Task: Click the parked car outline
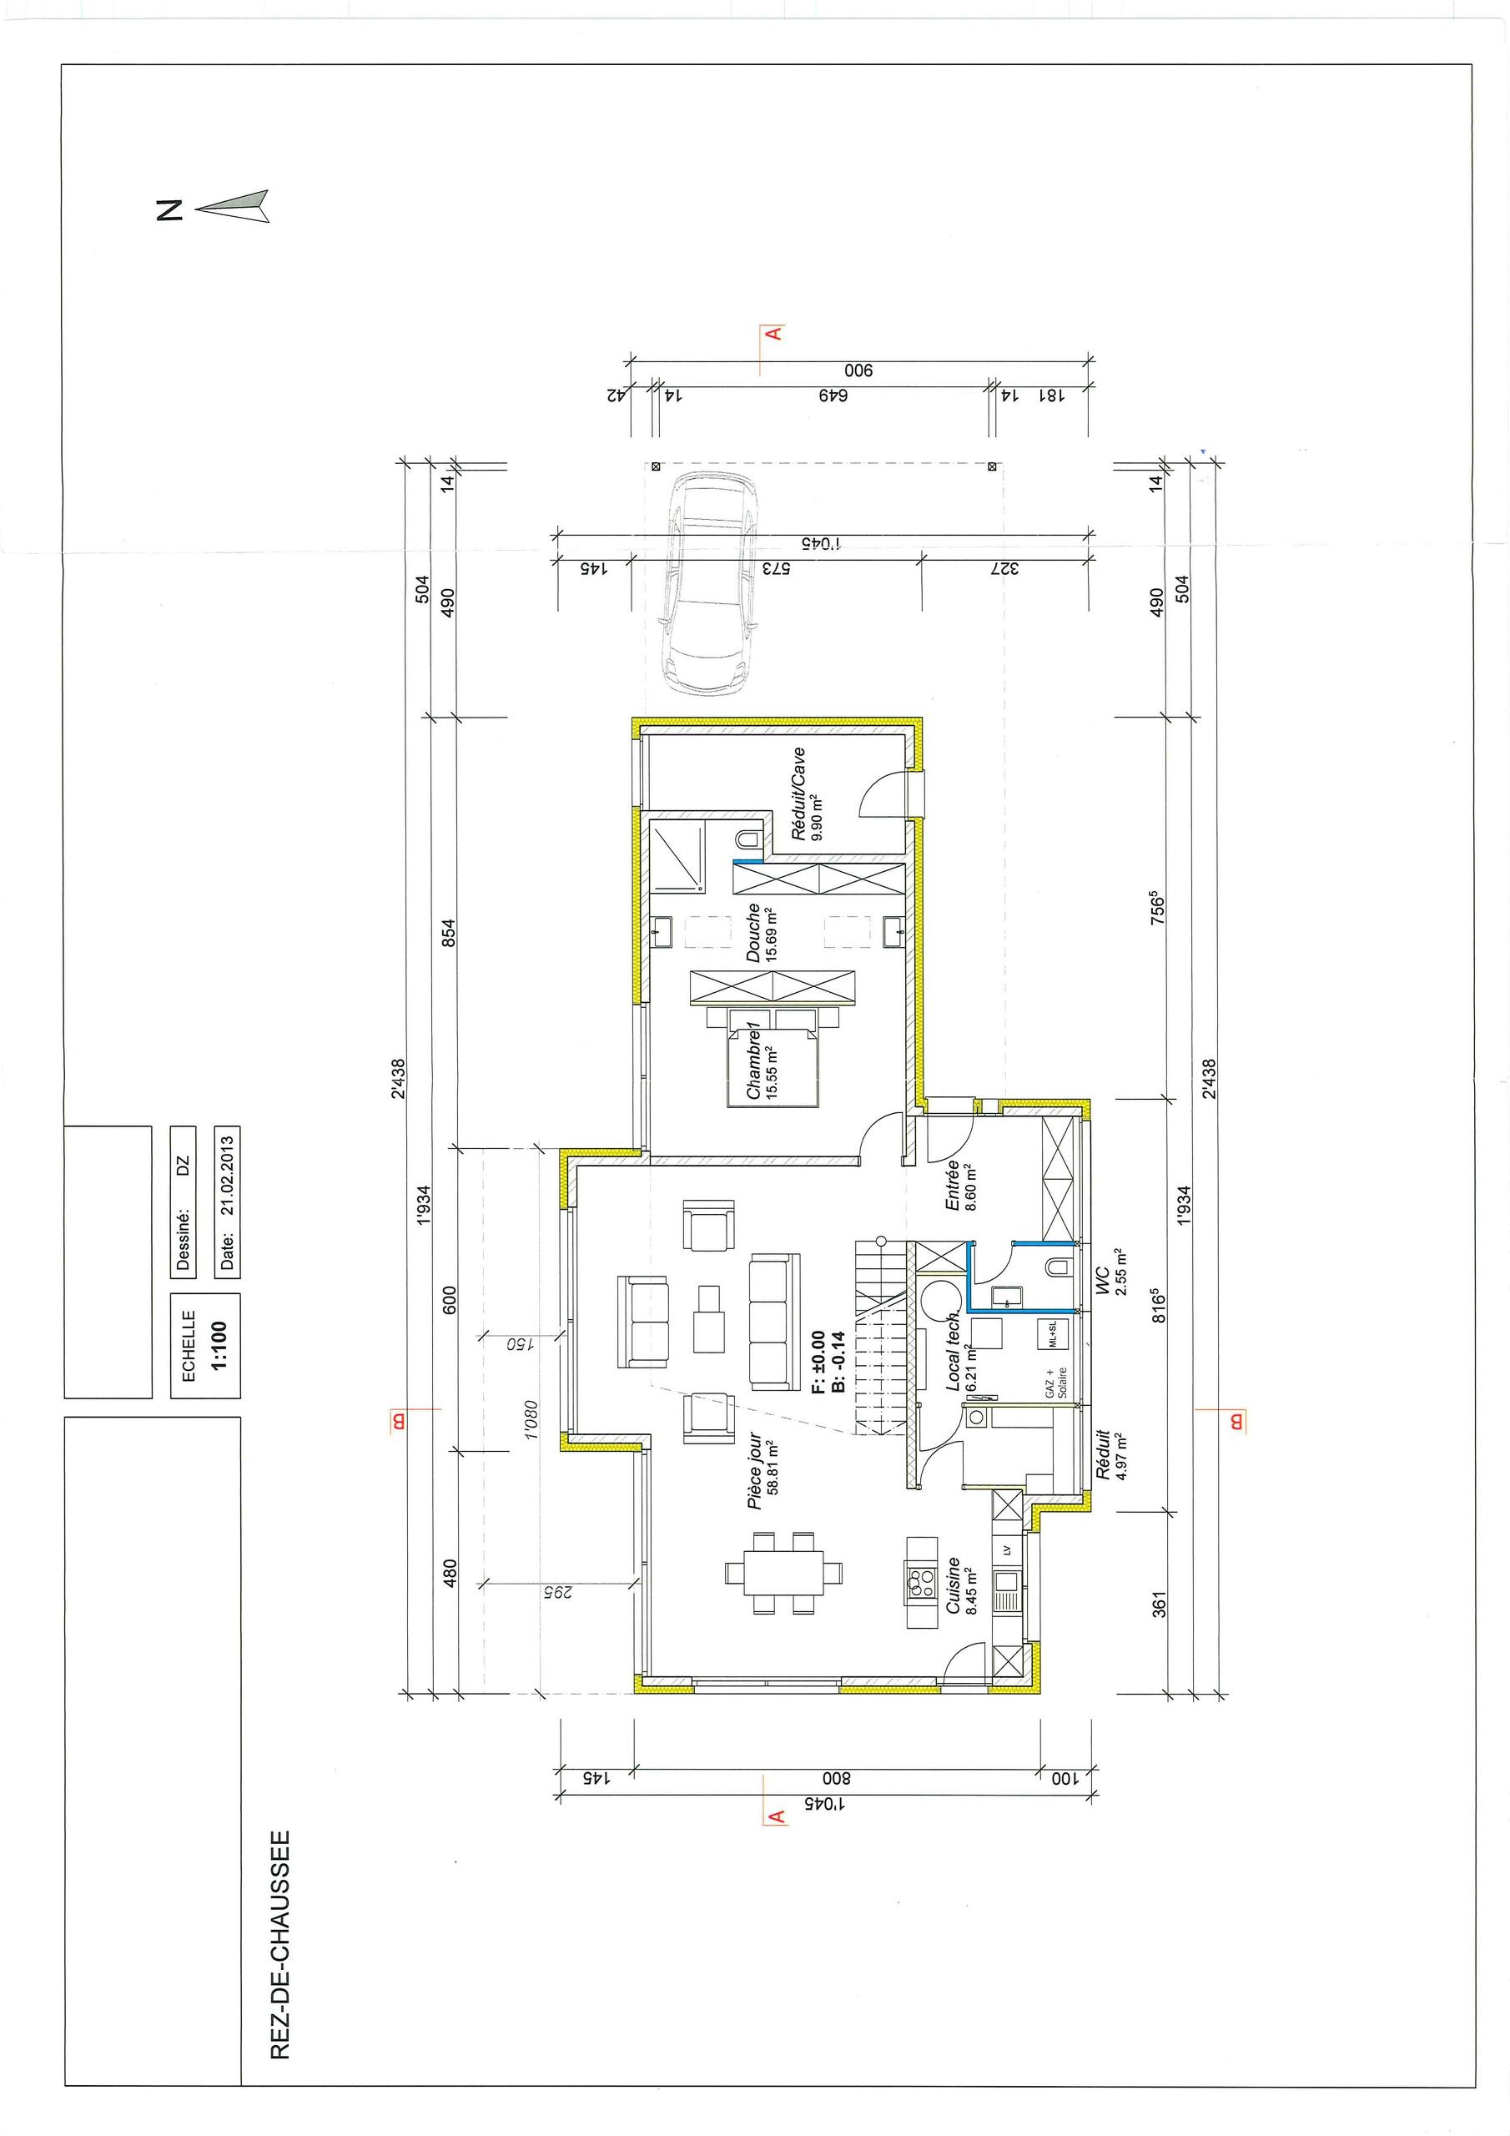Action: pyautogui.click(x=711, y=582)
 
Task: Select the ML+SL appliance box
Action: pyautogui.click(x=1052, y=1334)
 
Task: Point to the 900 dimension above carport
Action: pyautogui.click(x=857, y=371)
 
